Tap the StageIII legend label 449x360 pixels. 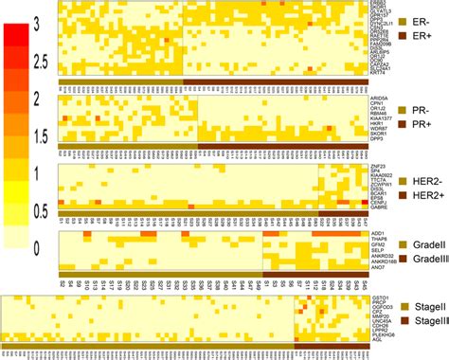[423, 320]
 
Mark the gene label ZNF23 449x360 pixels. [378, 168]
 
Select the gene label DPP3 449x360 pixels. [378, 138]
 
